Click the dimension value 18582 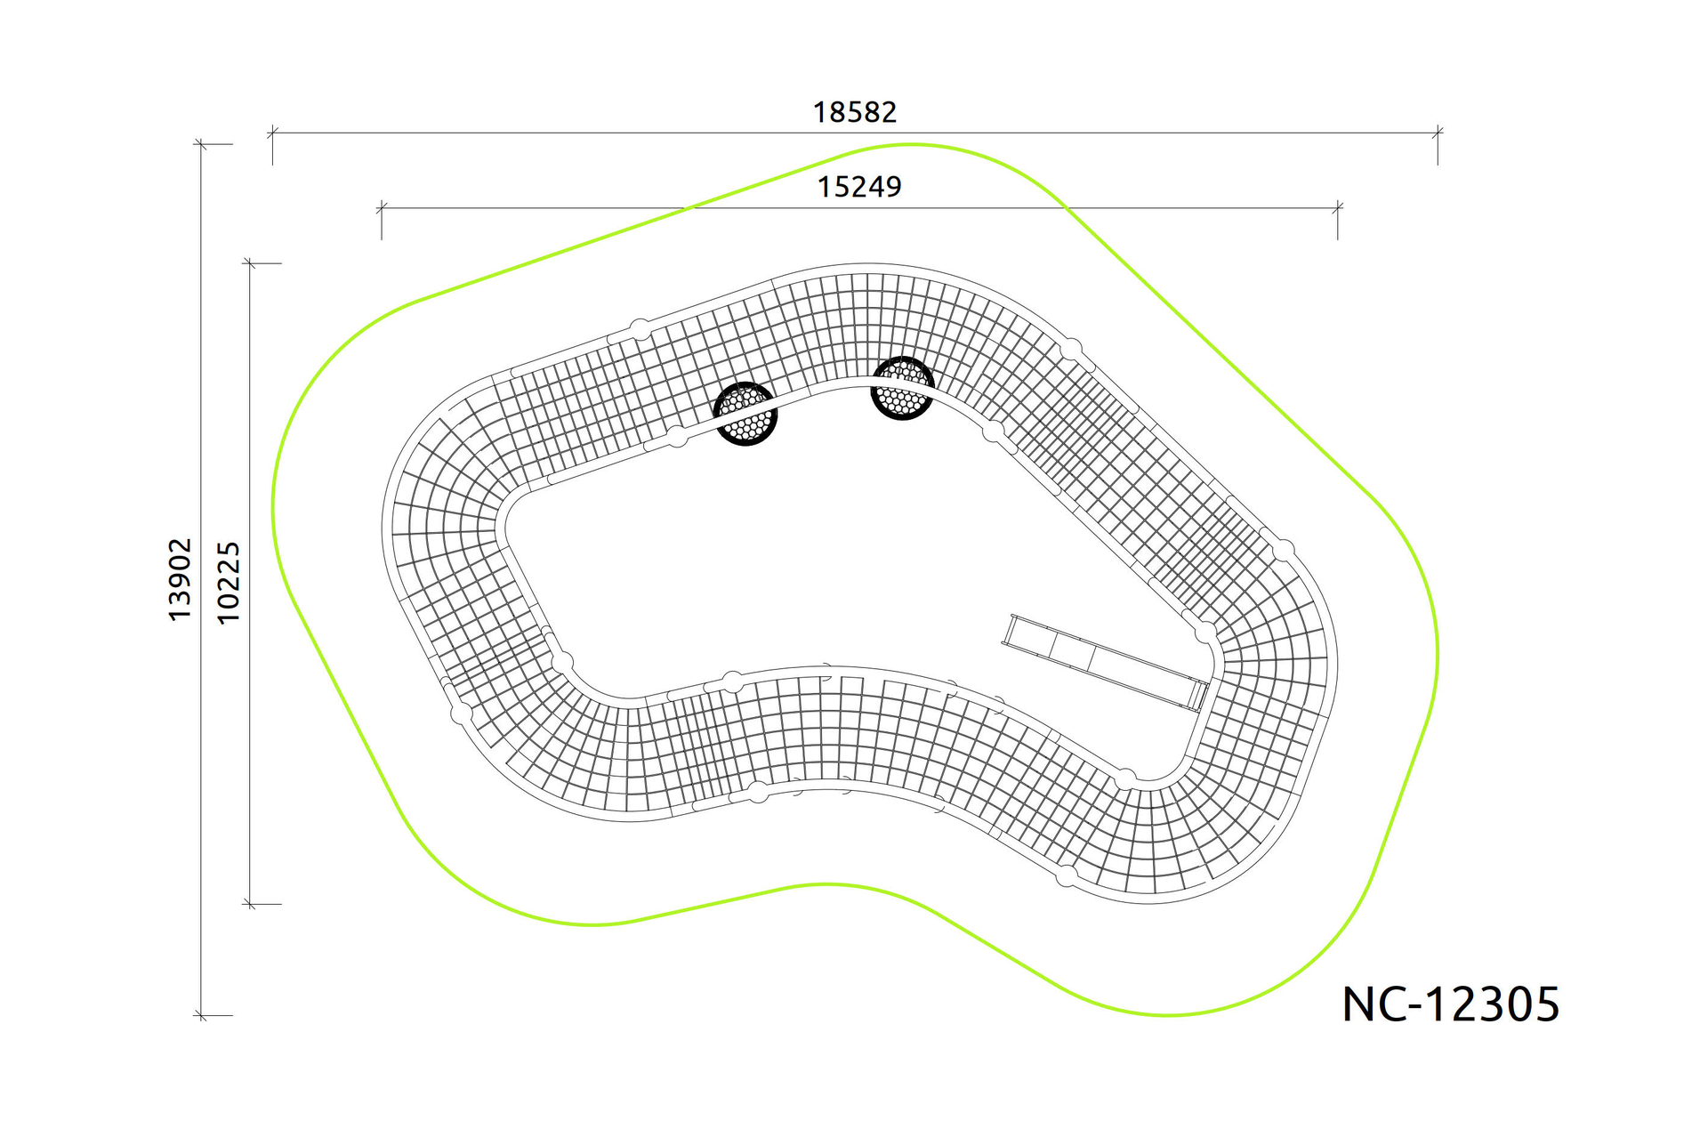[x=855, y=112]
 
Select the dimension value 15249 [x=859, y=187]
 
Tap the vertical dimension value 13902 [x=180, y=579]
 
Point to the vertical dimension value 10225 [x=229, y=583]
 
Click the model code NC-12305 [x=1451, y=1004]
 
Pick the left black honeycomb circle [x=745, y=414]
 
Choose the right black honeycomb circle [x=902, y=388]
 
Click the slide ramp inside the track [x=1106, y=662]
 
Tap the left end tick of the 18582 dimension [x=273, y=133]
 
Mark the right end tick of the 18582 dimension [x=1438, y=133]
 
